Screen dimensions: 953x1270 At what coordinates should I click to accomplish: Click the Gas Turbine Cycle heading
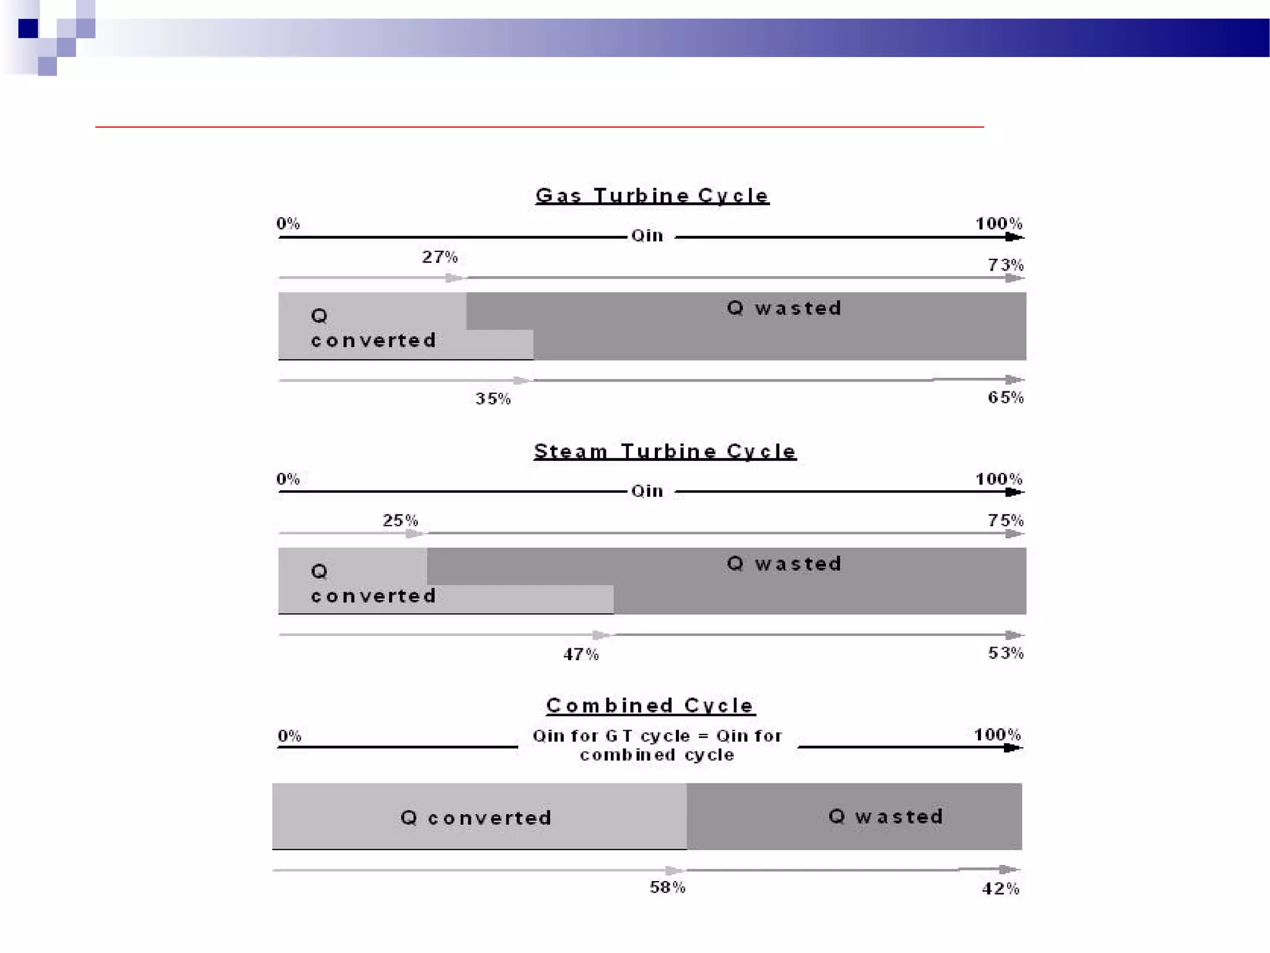652,196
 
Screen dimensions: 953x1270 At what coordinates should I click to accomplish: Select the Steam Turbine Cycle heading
665,451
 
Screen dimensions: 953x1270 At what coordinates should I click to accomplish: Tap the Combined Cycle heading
650,705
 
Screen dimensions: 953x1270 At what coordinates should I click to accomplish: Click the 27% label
440,257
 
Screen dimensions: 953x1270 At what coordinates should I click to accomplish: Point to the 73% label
1005,265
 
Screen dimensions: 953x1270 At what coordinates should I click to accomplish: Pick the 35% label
493,398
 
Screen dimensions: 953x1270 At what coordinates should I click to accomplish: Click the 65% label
1005,397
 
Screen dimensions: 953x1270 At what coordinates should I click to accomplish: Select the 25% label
400,520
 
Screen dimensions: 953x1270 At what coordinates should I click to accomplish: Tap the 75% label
1005,520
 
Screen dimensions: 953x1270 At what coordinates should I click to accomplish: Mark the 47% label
580,654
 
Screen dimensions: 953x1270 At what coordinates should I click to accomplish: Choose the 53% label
1005,653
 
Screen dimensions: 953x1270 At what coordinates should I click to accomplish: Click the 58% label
667,887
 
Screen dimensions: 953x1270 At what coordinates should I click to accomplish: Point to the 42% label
1000,888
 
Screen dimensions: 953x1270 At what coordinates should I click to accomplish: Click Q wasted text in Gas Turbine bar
784,308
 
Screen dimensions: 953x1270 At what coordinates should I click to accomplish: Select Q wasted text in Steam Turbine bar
784,563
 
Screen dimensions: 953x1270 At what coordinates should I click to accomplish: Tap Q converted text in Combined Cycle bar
476,818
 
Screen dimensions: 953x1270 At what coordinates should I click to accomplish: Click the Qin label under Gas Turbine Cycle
647,236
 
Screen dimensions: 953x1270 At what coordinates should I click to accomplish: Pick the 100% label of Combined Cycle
997,735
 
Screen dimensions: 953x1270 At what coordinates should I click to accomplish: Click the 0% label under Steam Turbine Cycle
288,479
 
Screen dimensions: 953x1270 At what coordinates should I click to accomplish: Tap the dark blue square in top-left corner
28,29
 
